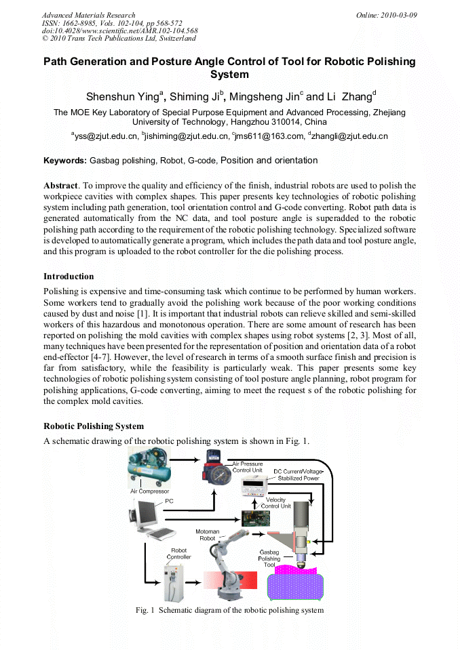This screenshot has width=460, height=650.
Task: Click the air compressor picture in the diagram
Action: click(149, 468)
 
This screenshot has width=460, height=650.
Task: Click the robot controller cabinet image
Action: click(175, 581)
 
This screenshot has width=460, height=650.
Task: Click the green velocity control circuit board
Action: click(256, 518)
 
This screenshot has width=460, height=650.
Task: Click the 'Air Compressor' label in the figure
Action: click(149, 491)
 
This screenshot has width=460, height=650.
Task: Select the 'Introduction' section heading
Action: click(69, 277)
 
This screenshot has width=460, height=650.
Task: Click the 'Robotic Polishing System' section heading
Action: click(94, 426)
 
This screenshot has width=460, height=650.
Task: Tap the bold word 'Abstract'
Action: click(60, 185)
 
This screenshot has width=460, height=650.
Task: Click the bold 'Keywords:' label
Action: click(65, 161)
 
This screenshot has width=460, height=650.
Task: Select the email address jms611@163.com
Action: click(270, 136)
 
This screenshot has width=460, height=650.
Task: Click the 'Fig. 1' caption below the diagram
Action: click(229, 610)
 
